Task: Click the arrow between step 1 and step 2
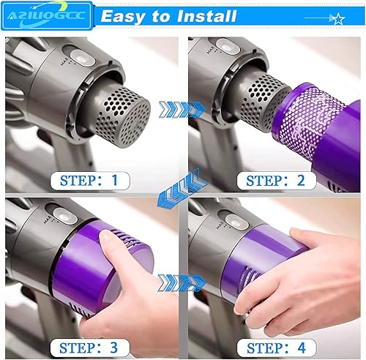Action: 182,108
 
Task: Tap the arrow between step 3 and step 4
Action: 182,281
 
